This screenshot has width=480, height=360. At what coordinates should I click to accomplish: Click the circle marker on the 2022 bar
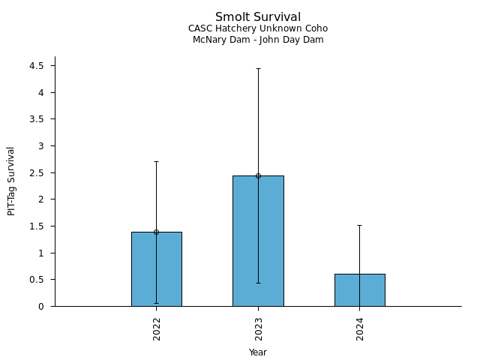(x=156, y=232)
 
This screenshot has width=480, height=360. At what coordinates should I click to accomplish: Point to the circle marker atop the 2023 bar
(x=258, y=175)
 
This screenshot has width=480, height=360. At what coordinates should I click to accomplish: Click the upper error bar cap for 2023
(x=258, y=68)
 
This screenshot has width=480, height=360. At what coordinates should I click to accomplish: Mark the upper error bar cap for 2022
(x=156, y=161)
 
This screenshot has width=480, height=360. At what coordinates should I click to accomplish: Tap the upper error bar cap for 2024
(x=359, y=225)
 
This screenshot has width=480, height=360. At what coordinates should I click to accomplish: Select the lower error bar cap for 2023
(x=258, y=283)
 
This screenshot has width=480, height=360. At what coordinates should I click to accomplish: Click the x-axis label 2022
(x=157, y=328)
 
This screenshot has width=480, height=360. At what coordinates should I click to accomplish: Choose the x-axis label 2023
(x=259, y=328)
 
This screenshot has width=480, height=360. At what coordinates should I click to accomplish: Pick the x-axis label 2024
(x=360, y=328)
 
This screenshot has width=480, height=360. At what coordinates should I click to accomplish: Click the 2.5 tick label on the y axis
(x=37, y=172)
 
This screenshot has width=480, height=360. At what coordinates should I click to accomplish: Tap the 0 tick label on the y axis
(x=42, y=306)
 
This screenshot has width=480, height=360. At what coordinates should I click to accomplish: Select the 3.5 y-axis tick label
(x=37, y=119)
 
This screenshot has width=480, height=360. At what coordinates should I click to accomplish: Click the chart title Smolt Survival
(x=258, y=17)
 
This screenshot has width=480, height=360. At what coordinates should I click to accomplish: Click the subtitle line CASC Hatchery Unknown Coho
(x=258, y=28)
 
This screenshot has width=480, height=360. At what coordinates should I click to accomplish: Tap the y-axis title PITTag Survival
(x=11, y=181)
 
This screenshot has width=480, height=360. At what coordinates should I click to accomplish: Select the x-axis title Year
(x=258, y=352)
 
